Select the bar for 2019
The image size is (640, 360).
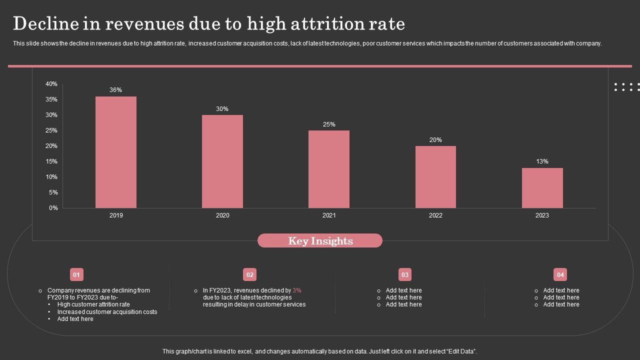(x=116, y=152)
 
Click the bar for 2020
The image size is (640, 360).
(x=222, y=161)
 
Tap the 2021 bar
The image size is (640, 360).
(x=329, y=169)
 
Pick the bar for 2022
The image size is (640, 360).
(x=435, y=177)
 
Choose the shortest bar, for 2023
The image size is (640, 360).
(x=542, y=188)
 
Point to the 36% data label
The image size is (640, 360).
(x=116, y=90)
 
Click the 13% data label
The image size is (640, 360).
(x=542, y=161)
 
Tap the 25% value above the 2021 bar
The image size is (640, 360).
(x=329, y=124)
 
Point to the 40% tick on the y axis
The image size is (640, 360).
(x=51, y=84)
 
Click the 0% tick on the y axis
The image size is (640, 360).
(x=53, y=208)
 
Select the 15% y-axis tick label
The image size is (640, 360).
(x=51, y=161)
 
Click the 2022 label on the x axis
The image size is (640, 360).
(x=435, y=215)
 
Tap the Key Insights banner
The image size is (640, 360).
(x=320, y=241)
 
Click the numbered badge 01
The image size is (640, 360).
(x=76, y=274)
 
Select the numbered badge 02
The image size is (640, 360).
(x=250, y=274)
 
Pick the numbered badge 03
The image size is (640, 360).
(x=405, y=274)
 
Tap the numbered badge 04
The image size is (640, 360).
(x=560, y=274)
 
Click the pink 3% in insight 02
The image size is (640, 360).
(x=297, y=290)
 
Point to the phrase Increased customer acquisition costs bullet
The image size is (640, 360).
(x=107, y=312)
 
